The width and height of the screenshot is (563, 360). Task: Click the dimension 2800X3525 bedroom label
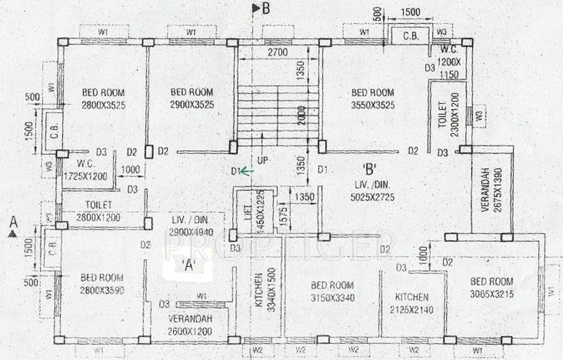click(x=103, y=105)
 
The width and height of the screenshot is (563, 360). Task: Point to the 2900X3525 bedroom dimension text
click(x=193, y=105)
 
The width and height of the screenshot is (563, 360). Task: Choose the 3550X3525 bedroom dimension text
click(x=373, y=105)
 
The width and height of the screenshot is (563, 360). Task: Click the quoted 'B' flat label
click(x=369, y=167)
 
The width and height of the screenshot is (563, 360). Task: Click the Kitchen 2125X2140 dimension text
click(x=411, y=310)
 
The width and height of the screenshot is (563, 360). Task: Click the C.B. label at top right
click(x=411, y=36)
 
